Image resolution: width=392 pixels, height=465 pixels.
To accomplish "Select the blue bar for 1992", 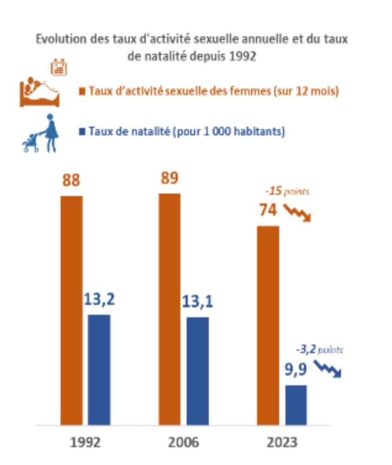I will tap(99, 370).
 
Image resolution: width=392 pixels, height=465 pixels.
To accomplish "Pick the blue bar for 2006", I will tap(198, 371).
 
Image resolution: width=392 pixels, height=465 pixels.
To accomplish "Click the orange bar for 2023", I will tap(268, 325).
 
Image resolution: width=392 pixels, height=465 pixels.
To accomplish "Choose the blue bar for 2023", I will tap(296, 405).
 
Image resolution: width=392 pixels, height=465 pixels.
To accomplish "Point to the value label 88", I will tap(71, 180).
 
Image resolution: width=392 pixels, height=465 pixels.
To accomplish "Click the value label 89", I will tap(170, 177).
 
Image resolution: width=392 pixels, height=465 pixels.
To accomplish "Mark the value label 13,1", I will tap(198, 302).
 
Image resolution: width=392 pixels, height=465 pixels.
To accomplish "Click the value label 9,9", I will tap(295, 371).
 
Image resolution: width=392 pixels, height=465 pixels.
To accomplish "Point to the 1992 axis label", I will tap(85, 442).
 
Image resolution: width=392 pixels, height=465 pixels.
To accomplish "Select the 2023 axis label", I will tap(282, 442).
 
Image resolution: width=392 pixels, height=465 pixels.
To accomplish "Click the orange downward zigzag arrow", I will tap(298, 212).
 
